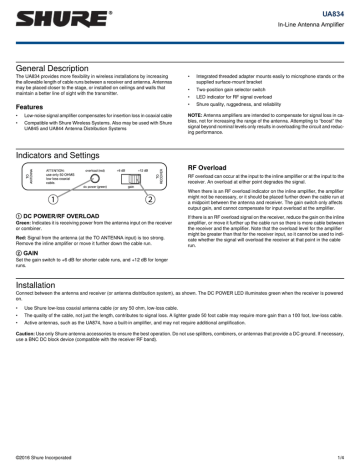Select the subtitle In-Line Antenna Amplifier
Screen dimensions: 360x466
312,21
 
